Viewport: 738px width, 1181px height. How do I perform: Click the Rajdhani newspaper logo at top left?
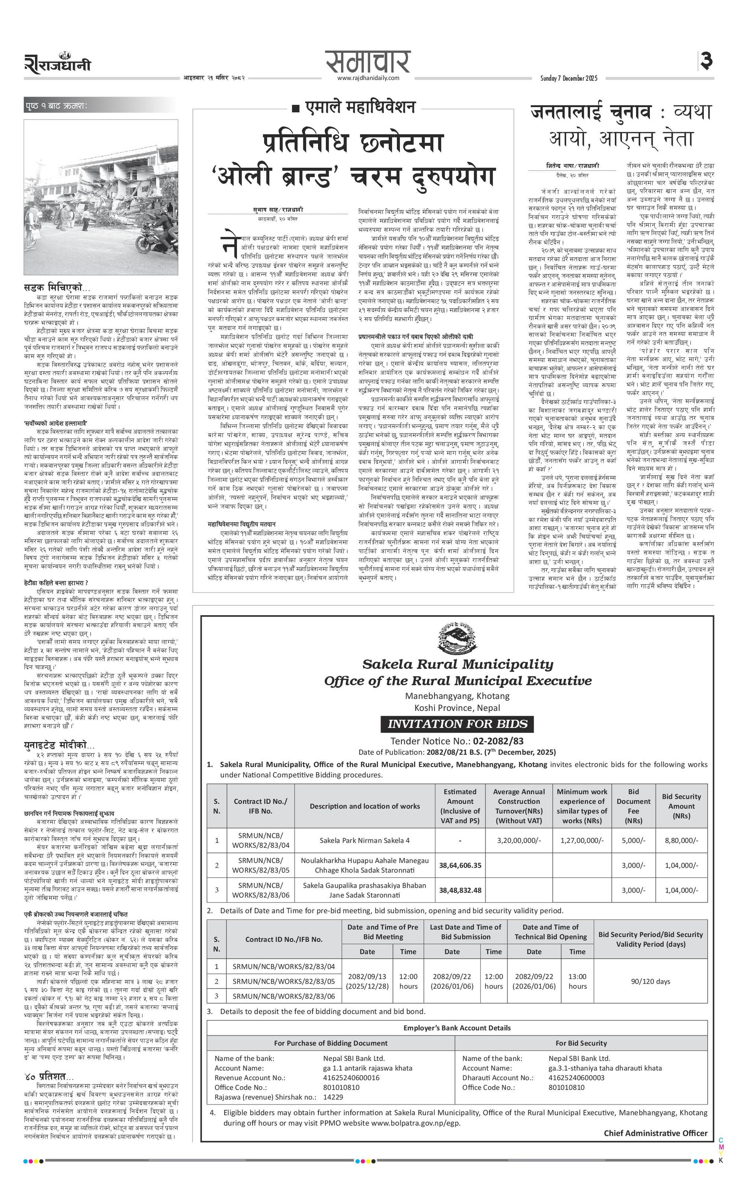pos(57,64)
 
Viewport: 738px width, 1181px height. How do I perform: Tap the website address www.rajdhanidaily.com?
pos(368,78)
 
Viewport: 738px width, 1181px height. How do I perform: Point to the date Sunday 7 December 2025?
pos(569,78)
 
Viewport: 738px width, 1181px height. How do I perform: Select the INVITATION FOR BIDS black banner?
pos(457,724)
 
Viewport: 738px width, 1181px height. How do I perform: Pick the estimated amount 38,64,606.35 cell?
pos(460,865)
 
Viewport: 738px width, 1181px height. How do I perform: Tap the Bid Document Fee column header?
pos(633,806)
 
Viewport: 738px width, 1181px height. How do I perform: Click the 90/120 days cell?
pos(650,981)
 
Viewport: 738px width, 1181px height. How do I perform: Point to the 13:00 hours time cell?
pos(577,981)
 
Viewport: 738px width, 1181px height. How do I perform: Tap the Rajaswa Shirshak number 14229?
pos(333,1097)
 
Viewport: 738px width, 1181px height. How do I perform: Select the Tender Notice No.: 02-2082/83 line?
pos(457,741)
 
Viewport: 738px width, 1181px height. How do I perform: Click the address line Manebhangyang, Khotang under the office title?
pos(457,696)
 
